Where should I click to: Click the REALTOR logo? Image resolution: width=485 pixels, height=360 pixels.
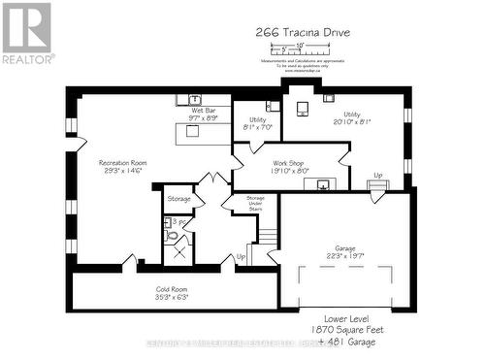click(26, 32)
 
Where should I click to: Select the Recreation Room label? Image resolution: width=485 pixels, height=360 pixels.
click(121, 166)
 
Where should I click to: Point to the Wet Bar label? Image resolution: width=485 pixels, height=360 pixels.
click(204, 115)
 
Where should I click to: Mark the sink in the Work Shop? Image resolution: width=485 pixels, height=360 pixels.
click(323, 183)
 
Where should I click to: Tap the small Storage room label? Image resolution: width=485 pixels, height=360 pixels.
click(179, 198)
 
